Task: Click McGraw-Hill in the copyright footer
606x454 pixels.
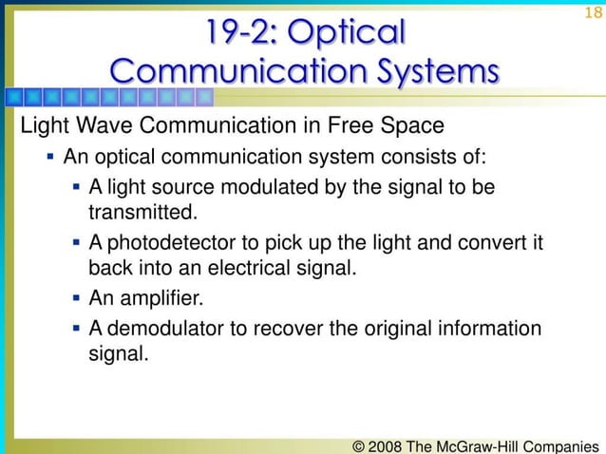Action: click(487, 444)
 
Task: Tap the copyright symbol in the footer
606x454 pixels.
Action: click(359, 444)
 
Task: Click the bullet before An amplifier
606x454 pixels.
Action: click(75, 299)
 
